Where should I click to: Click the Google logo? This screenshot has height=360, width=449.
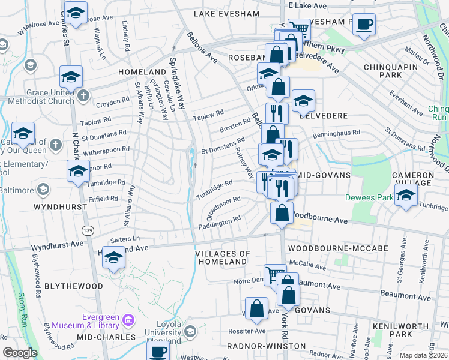point(20,352)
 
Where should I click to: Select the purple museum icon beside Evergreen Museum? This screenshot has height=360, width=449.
point(127,320)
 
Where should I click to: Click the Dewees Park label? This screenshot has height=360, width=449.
point(367,197)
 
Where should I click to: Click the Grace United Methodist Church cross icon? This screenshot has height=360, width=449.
point(83,95)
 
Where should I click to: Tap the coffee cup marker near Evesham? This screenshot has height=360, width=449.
point(364,25)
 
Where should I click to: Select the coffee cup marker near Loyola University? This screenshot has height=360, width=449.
point(159,352)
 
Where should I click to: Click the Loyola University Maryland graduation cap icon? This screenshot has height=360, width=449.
point(191,331)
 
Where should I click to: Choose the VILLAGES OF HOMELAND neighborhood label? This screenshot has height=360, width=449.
point(223,258)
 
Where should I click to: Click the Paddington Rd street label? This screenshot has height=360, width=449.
point(220,223)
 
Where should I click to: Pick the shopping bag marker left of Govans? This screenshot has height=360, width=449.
point(256,308)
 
